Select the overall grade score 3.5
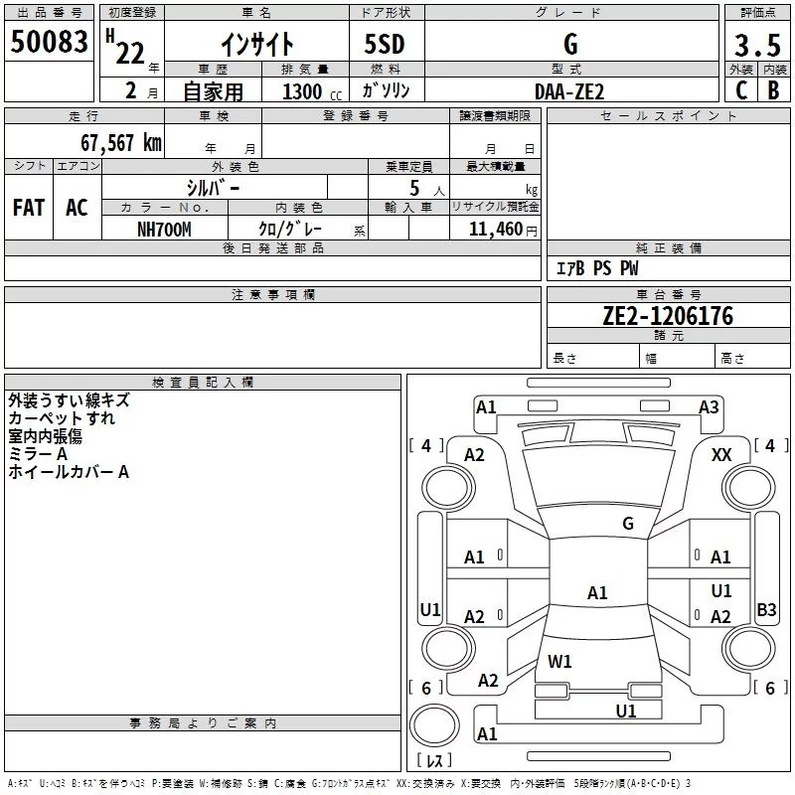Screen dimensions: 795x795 pyautogui.click(x=755, y=45)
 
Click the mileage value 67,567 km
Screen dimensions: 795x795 pyautogui.click(x=114, y=142)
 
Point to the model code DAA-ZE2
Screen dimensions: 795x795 pyautogui.click(x=568, y=90)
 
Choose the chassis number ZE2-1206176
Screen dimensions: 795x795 pyautogui.click(x=668, y=316)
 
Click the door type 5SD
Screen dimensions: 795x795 pyautogui.click(x=385, y=45)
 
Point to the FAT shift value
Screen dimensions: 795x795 pyautogui.click(x=29, y=208)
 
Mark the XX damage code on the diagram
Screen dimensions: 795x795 pyautogui.click(x=722, y=454)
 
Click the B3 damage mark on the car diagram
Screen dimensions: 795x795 pyautogui.click(x=766, y=610)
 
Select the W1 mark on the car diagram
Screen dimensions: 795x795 pyautogui.click(x=559, y=661)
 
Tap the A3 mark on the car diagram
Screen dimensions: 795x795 pyautogui.click(x=709, y=406)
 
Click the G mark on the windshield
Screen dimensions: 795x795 pyautogui.click(x=628, y=523)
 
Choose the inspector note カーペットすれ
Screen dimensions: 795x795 pyautogui.click(x=62, y=418)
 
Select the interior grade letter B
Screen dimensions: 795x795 pyautogui.click(x=773, y=90)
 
